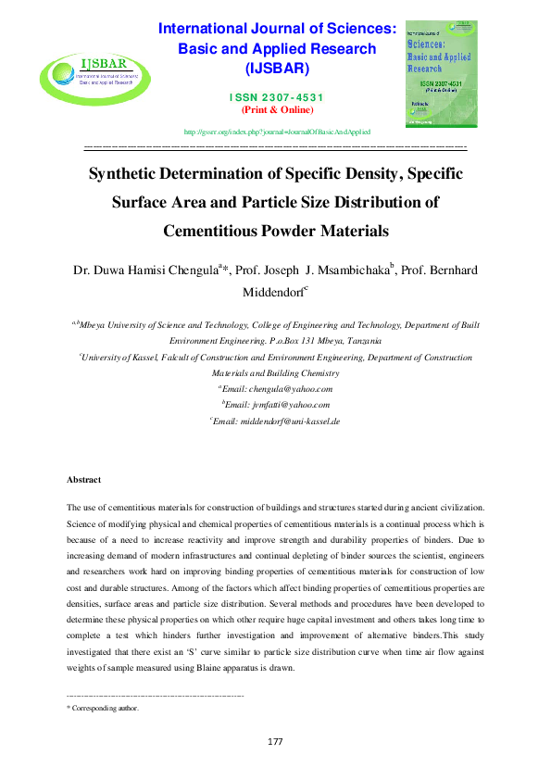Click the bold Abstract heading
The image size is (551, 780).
click(x=84, y=479)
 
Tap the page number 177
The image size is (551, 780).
click(x=275, y=742)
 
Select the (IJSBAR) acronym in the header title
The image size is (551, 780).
click(x=277, y=69)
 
